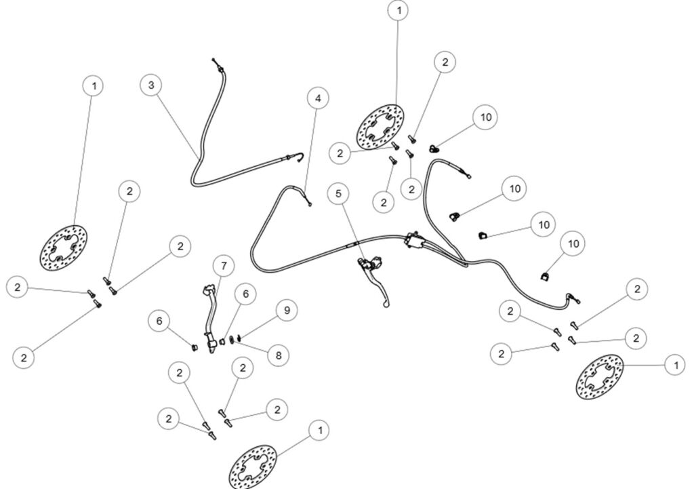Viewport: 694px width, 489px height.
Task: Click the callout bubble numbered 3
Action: point(151,85)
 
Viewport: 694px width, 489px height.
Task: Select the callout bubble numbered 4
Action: point(319,98)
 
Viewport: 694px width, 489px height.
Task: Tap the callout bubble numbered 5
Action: point(339,193)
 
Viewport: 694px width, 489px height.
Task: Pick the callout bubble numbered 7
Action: point(224,266)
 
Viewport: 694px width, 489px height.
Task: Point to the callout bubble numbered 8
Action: point(279,355)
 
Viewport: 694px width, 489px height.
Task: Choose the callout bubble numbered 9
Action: point(287,310)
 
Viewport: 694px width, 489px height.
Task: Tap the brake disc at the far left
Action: point(64,248)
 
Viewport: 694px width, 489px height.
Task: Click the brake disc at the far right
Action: point(599,376)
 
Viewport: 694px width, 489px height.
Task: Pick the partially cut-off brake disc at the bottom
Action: point(253,467)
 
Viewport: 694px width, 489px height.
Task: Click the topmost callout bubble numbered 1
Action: point(399,11)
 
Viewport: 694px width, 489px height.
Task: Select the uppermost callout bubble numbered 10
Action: point(485,117)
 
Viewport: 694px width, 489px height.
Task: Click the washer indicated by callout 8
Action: point(232,341)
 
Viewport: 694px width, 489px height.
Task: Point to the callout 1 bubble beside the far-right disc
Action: point(676,366)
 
